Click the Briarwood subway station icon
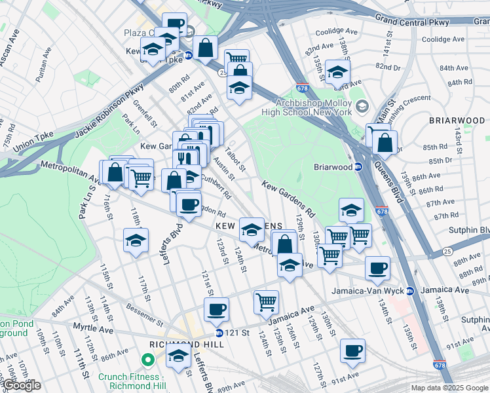pos(358,167)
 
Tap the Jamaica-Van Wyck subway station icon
pos(410,291)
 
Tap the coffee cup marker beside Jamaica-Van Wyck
pos(377,267)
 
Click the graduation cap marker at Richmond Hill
pos(178,356)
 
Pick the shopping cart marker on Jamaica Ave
pos(266,301)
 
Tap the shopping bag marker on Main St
pos(385,142)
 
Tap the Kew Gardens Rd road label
pos(288,199)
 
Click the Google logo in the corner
pos(22,385)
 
